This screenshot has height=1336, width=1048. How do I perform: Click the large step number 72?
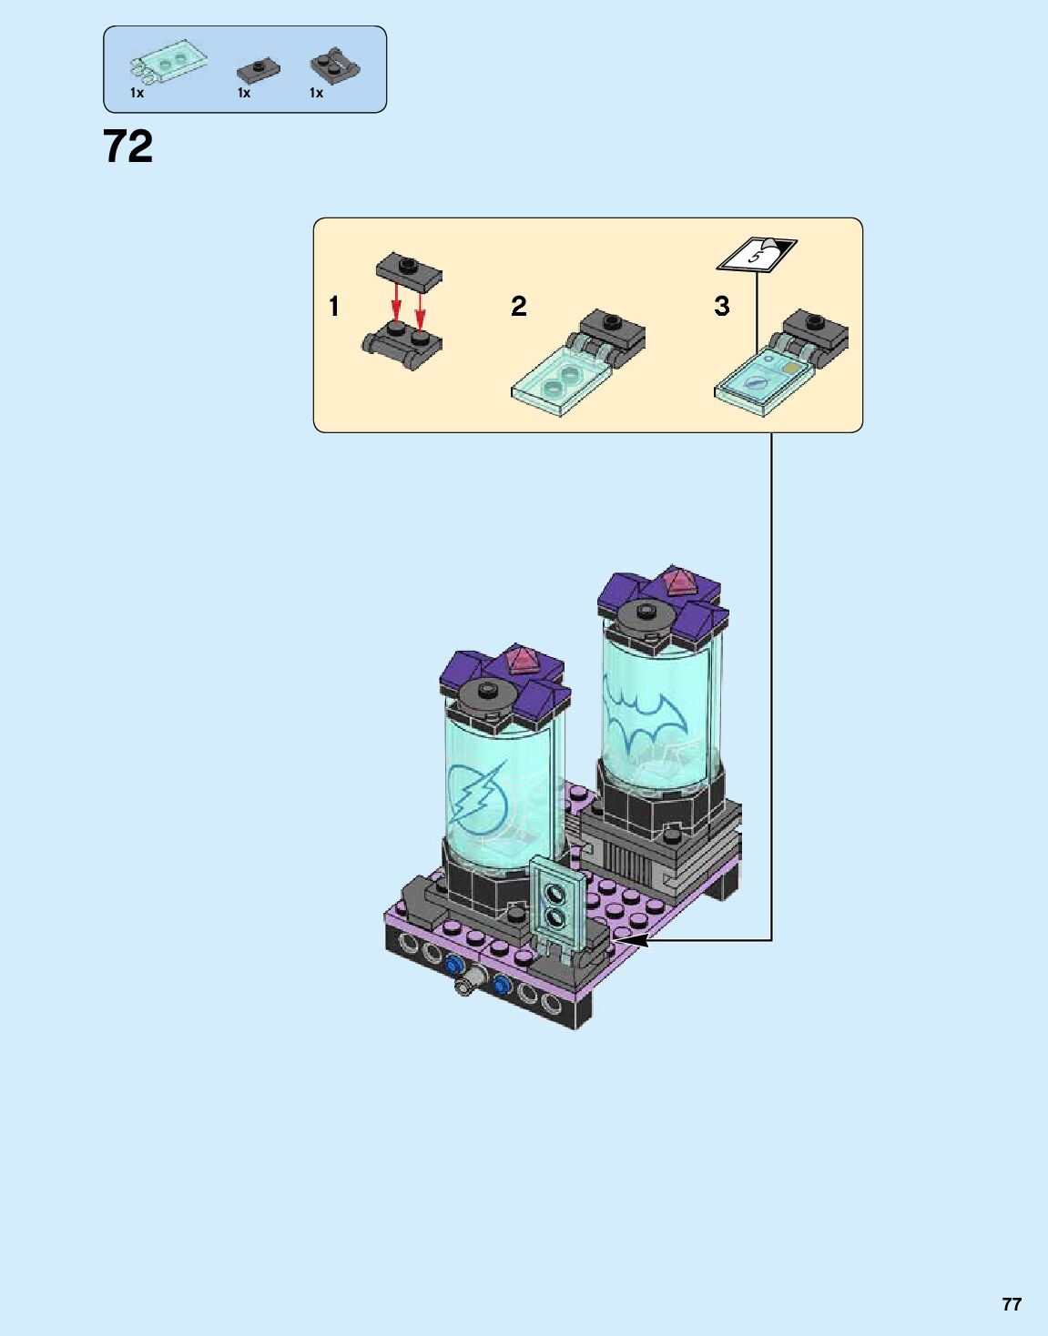[127, 147]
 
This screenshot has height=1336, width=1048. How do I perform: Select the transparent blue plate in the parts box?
[168, 62]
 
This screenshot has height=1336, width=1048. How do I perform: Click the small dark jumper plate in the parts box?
[259, 71]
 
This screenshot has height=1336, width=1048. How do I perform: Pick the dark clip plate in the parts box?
[335, 65]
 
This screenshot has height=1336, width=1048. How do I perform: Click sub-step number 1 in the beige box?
[334, 306]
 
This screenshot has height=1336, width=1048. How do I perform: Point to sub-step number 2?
[518, 306]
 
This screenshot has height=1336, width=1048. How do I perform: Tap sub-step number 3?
[721, 306]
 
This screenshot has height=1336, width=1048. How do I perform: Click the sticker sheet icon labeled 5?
[758, 253]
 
